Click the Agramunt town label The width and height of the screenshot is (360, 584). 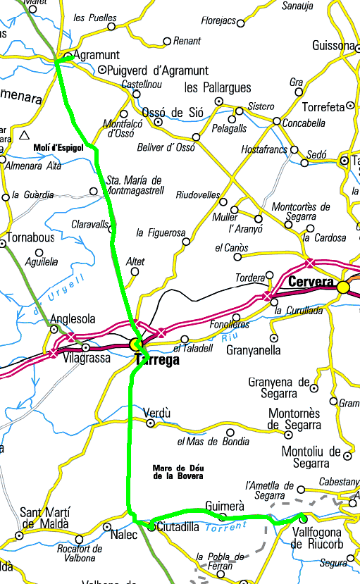pyautogui.click(x=97, y=54)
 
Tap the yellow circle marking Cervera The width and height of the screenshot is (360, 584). pyautogui.click(x=343, y=287)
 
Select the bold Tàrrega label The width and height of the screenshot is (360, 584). pyautogui.click(x=157, y=359)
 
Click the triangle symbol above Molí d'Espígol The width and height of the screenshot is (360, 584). pyautogui.click(x=25, y=135)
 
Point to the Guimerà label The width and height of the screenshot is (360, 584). pyautogui.click(x=224, y=506)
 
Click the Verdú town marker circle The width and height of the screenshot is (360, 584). pyautogui.click(x=150, y=423)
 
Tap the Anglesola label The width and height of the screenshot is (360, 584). pyautogui.click(x=73, y=318)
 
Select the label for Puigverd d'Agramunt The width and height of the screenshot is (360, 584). pyautogui.click(x=158, y=70)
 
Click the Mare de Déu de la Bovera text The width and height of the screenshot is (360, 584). pyautogui.click(x=178, y=472)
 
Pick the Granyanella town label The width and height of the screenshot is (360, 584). pyautogui.click(x=254, y=350)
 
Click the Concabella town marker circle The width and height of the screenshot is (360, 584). pyautogui.click(x=277, y=122)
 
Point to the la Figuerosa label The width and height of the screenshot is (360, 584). pyautogui.click(x=161, y=232)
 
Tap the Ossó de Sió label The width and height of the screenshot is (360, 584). pyautogui.click(x=173, y=113)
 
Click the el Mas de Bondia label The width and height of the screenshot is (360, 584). pyautogui.click(x=213, y=442)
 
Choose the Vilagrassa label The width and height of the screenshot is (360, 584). pyautogui.click(x=88, y=358)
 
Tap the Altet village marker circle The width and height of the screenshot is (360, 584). pyautogui.click(x=134, y=271)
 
